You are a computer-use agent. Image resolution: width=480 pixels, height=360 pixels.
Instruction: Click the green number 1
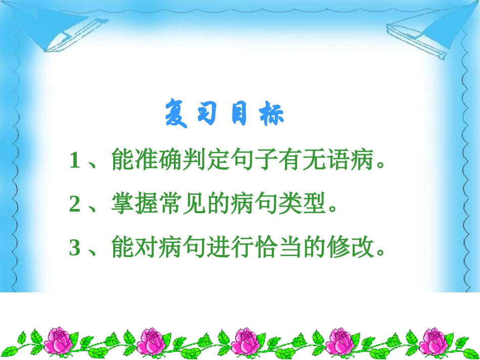tap(75, 162)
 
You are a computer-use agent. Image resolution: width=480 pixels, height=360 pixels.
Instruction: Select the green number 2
tap(75, 205)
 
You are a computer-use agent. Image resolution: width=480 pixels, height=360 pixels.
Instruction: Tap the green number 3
tap(75, 248)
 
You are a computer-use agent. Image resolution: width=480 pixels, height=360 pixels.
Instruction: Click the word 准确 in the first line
tap(160, 162)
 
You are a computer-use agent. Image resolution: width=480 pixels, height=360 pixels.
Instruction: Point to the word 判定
tap(209, 162)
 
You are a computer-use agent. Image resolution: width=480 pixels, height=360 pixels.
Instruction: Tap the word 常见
tap(184, 205)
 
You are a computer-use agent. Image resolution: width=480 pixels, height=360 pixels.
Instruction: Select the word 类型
tap(306, 205)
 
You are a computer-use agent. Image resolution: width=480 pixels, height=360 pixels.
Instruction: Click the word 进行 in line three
tap(234, 248)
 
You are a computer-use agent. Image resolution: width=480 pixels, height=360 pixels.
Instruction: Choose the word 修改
tap(355, 248)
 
